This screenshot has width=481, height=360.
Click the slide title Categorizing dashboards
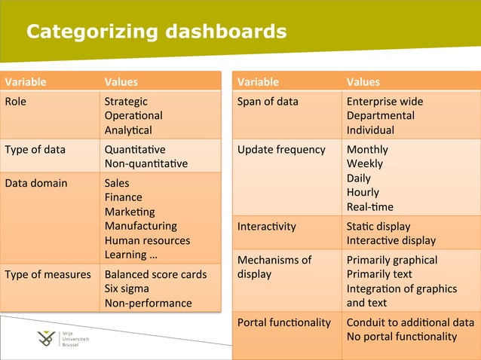pyautogui.click(x=156, y=32)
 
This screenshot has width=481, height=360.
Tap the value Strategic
pyautogui.click(x=126, y=102)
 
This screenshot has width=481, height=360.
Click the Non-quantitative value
pyautogui.click(x=146, y=163)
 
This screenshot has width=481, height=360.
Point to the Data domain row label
pyautogui.click(x=36, y=183)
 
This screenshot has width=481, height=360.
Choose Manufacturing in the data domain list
pyautogui.click(x=140, y=226)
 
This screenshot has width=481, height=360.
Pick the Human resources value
pyautogui.click(x=147, y=241)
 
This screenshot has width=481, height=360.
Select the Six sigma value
pyautogui.click(x=127, y=288)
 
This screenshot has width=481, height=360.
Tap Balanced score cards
pyautogui.click(x=155, y=274)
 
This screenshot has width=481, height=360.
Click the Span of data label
pyautogui.click(x=268, y=102)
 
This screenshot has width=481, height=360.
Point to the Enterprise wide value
pyautogui.click(x=384, y=102)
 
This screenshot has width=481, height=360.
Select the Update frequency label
pyautogui.click(x=281, y=149)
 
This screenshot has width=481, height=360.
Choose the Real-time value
pyautogui.click(x=369, y=206)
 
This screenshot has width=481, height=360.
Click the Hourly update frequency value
pyautogui.click(x=363, y=192)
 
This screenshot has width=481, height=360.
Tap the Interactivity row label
pyautogui.click(x=267, y=226)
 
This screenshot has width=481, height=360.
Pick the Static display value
pyautogui.click(x=378, y=226)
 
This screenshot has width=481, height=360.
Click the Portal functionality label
pyautogui.click(x=284, y=322)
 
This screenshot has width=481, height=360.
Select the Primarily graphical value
pyautogui.click(x=392, y=260)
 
